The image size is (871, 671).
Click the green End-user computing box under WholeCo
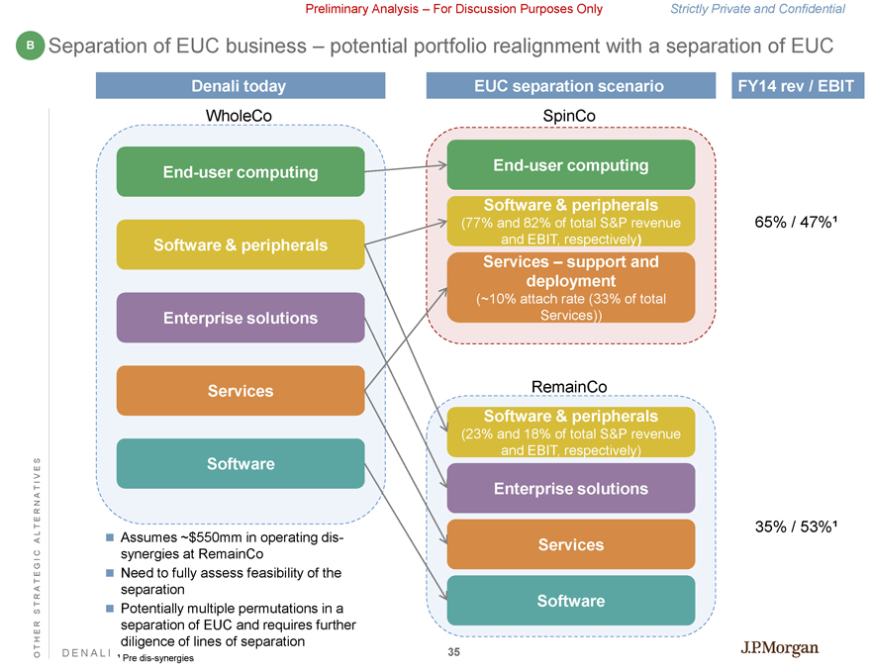pos(241,171)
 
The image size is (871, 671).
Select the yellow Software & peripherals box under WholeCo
pos(241,244)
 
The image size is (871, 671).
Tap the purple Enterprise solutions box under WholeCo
pos(241,318)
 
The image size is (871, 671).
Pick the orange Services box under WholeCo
pos(241,391)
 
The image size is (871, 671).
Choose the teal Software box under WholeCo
pos(241,463)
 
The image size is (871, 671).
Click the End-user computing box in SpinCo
pos(571,164)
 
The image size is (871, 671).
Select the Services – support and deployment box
pos(571,287)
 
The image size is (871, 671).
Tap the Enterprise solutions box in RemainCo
pos(571,488)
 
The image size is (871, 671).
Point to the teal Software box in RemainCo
pos(571,601)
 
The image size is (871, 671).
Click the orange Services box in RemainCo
pos(571,544)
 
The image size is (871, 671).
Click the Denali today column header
pos(239,86)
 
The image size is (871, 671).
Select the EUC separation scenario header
pos(570,86)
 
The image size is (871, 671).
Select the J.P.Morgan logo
pos(780,648)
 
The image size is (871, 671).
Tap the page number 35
pos(454,651)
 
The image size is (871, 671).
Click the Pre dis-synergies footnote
pos(152,658)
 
